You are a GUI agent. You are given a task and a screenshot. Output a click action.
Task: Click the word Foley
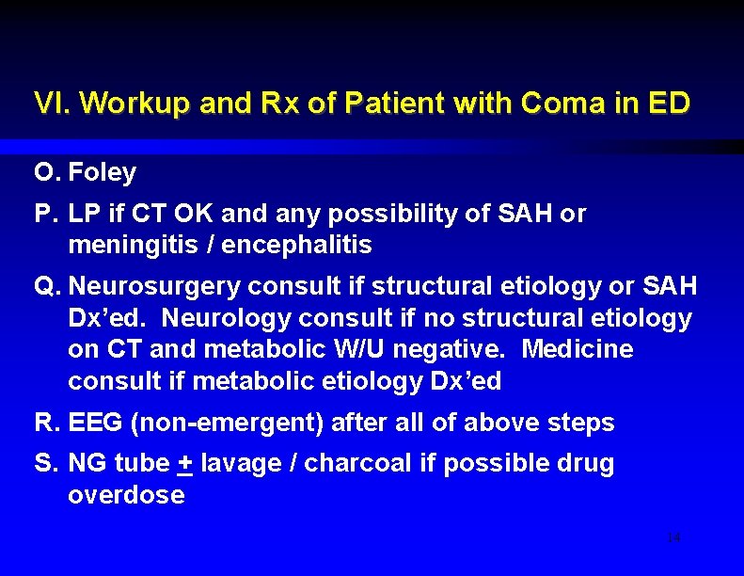(x=103, y=173)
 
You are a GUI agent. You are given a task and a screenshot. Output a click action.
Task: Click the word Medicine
(x=577, y=349)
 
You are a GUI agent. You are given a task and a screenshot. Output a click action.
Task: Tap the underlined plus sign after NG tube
(x=184, y=464)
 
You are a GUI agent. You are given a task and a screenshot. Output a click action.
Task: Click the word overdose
(x=126, y=495)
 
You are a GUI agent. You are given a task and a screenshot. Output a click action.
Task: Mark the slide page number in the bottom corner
(x=673, y=537)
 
